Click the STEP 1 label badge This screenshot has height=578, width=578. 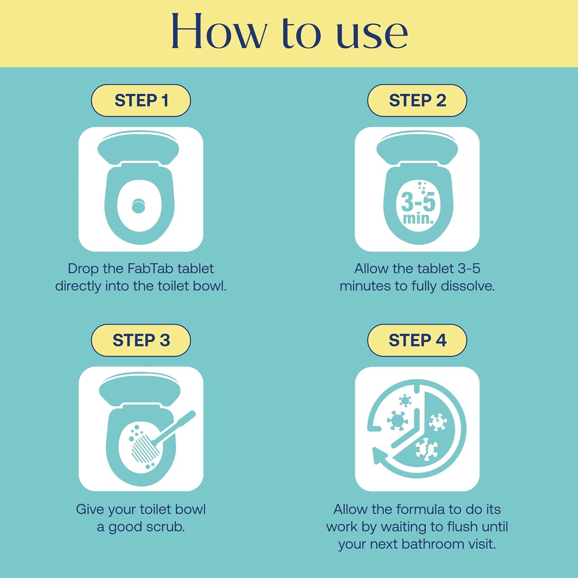[141, 101]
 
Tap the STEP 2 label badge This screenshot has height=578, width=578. [417, 101]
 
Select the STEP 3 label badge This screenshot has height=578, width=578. [141, 340]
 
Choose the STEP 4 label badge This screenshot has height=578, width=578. [417, 340]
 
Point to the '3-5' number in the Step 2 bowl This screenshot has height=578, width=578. [418, 202]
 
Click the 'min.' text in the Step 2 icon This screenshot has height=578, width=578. [418, 219]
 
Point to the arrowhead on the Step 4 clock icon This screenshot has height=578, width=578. [380, 457]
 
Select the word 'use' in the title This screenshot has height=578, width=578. [372, 35]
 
